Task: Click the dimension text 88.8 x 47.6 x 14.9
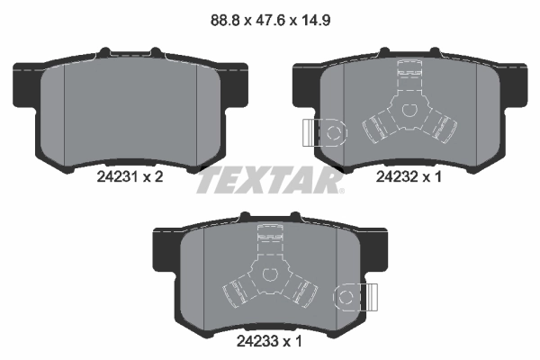270,15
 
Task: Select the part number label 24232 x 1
410,179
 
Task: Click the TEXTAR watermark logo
270,181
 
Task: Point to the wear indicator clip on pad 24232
323,132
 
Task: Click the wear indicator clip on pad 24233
354,296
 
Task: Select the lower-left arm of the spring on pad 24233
237,292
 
